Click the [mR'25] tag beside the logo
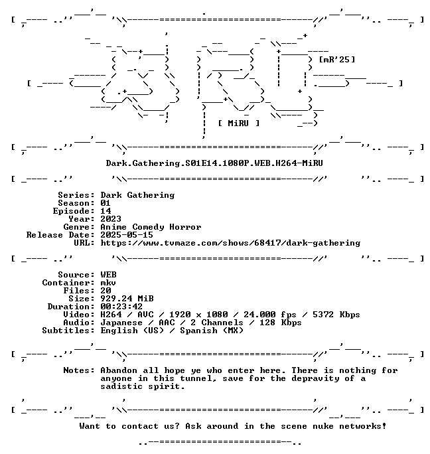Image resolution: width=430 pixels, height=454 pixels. click(337, 60)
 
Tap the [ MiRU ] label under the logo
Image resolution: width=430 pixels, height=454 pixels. click(239, 123)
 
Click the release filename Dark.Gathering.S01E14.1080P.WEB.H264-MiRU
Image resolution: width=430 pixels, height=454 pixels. click(214, 163)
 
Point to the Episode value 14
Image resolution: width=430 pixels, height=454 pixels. click(106, 211)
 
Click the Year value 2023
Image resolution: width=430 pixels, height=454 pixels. click(111, 219)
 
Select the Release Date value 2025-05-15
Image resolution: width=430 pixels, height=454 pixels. click(127, 235)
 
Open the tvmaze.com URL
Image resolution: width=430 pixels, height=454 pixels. click(230, 243)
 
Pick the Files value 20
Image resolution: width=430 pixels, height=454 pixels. click(106, 291)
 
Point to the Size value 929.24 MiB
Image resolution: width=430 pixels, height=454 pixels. click(127, 299)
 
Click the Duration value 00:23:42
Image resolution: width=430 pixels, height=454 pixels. click(121, 307)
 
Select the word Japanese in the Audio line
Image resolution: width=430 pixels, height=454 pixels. click(121, 323)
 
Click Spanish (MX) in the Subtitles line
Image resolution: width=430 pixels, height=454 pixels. click(212, 331)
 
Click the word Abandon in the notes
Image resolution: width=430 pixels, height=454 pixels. click(119, 370)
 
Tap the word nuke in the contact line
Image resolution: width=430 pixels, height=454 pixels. click(323, 426)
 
